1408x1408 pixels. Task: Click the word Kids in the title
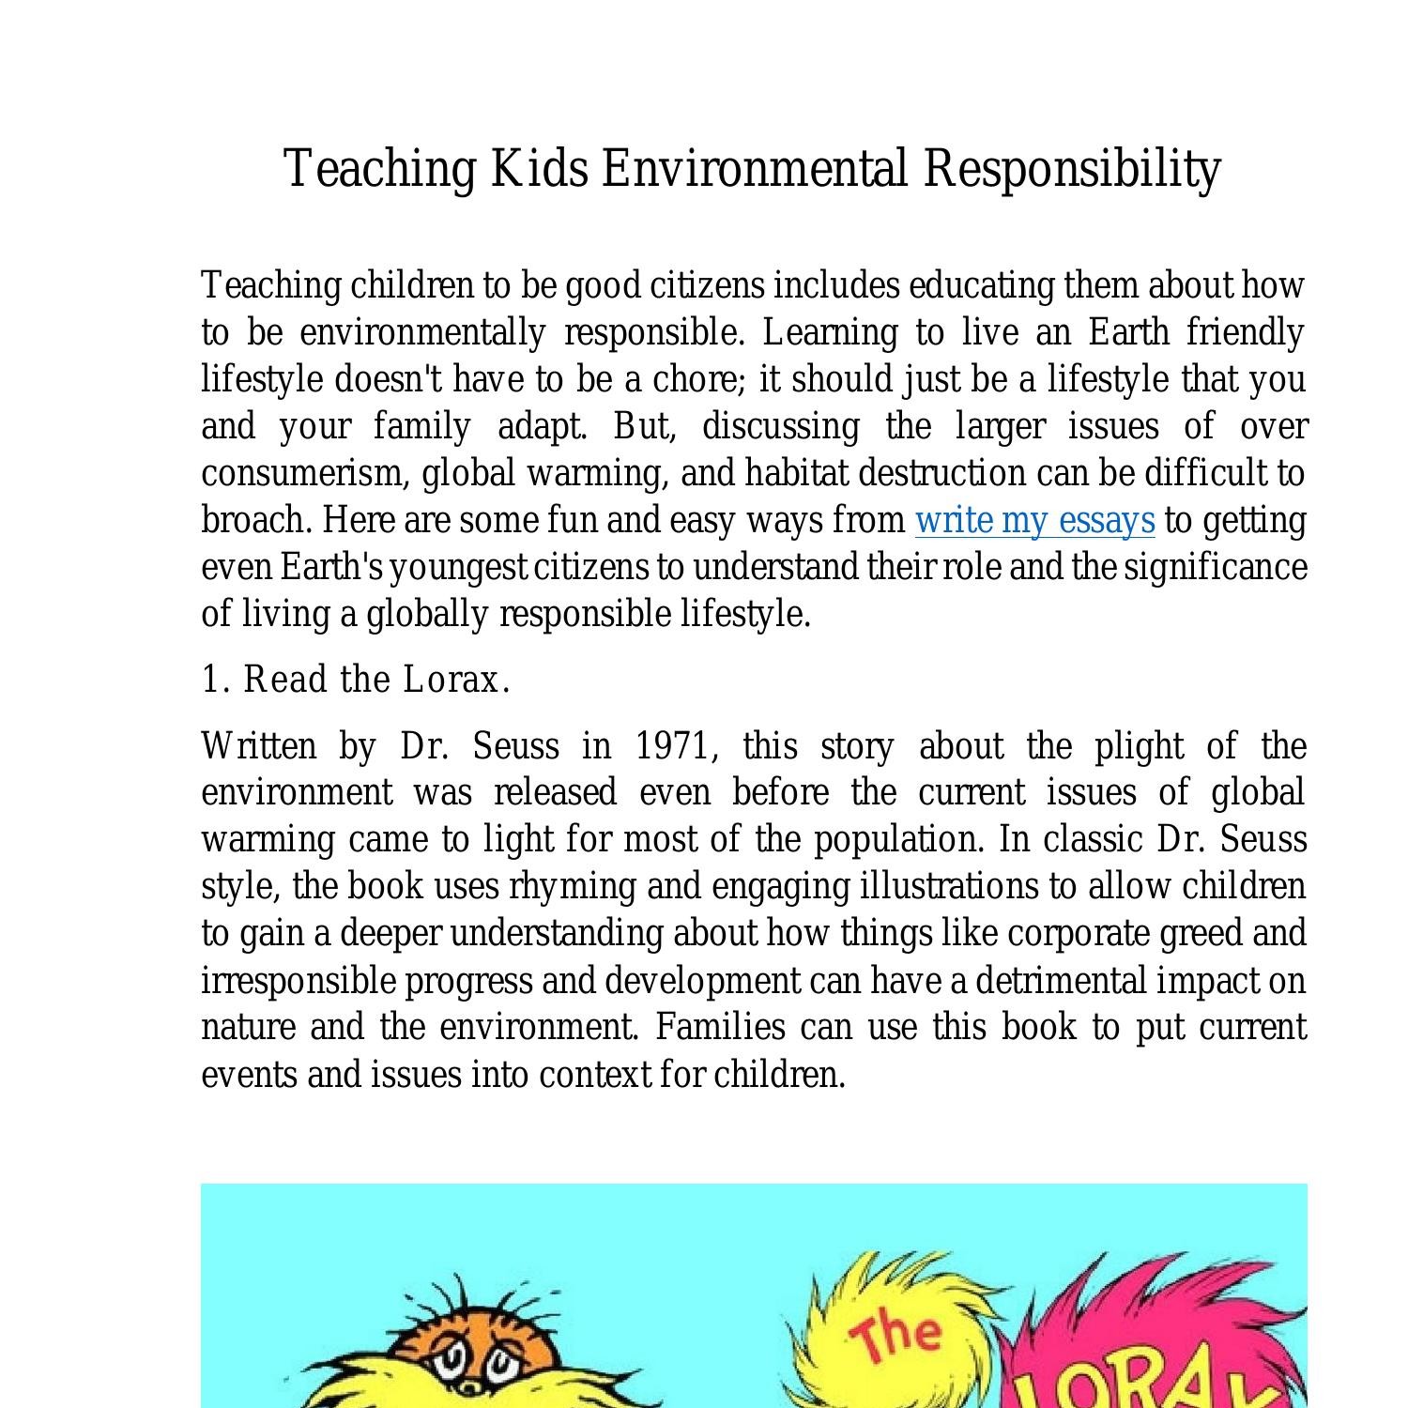point(540,169)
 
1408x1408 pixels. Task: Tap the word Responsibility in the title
point(1071,169)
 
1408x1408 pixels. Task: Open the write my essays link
point(1034,520)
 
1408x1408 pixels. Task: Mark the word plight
point(1139,746)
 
